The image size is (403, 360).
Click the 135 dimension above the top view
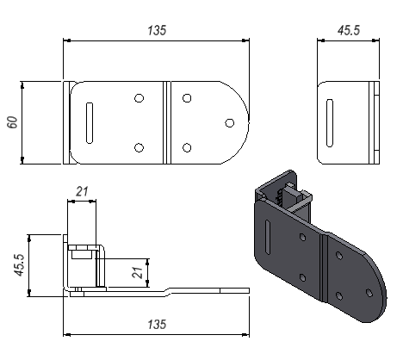(x=157, y=30)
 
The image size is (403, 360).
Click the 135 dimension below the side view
(x=157, y=325)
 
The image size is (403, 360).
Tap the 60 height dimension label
(x=13, y=122)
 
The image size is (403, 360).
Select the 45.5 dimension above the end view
(x=349, y=30)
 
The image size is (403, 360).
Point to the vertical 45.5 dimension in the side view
(x=20, y=265)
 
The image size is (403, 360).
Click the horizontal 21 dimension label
(x=82, y=191)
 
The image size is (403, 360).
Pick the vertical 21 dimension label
(x=137, y=273)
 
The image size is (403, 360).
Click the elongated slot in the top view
(x=90, y=123)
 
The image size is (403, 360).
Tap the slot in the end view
(x=330, y=123)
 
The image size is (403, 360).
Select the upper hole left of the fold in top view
(x=139, y=98)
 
